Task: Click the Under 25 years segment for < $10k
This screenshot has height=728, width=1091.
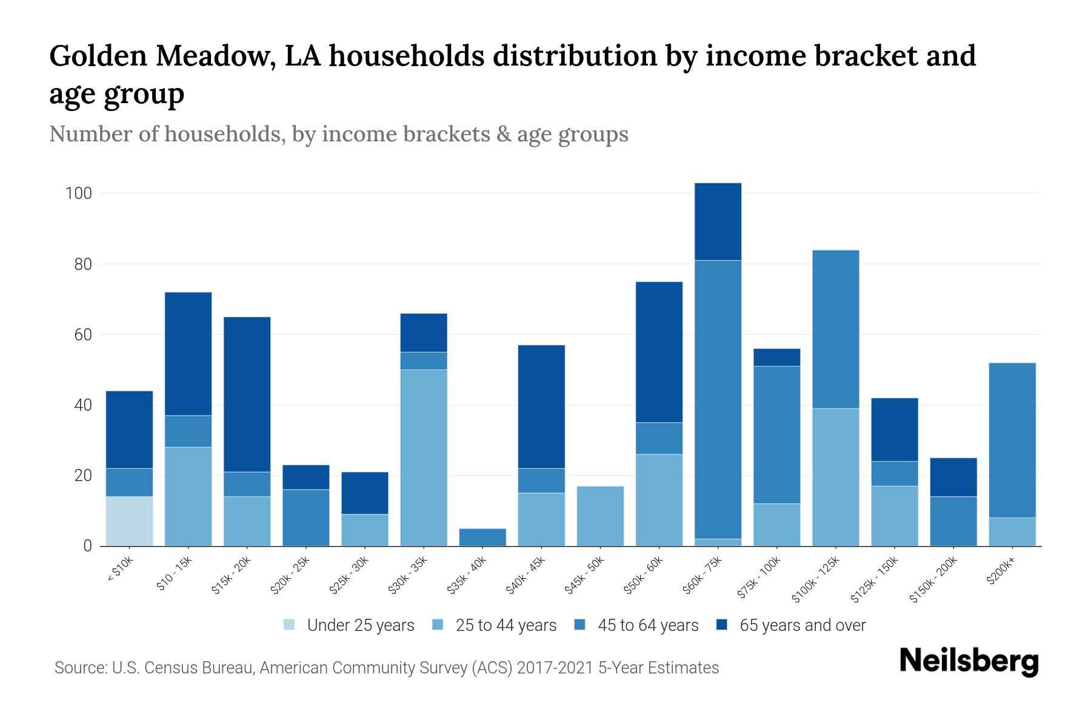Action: coord(129,521)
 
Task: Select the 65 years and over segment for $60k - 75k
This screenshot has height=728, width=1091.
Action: coord(718,221)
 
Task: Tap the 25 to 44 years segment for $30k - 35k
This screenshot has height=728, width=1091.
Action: coord(424,457)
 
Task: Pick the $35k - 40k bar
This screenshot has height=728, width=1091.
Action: coord(482,538)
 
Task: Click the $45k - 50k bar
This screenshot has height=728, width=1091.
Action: coord(600,516)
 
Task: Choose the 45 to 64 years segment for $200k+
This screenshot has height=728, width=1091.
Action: coord(1012,440)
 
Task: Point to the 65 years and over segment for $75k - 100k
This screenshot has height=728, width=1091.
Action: coord(776,357)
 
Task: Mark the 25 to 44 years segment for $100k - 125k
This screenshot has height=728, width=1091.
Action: coord(835,477)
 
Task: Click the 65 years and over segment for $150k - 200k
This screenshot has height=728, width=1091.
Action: coord(953,477)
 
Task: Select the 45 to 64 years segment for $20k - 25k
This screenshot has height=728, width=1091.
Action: coord(306,517)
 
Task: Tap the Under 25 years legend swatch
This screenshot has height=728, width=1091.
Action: coord(290,625)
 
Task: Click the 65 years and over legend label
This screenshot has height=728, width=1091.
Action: coord(802,625)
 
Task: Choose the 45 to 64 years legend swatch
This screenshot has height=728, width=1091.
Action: coord(580,625)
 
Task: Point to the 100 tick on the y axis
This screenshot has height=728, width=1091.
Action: coord(78,194)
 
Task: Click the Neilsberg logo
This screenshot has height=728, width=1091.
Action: coord(969,661)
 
